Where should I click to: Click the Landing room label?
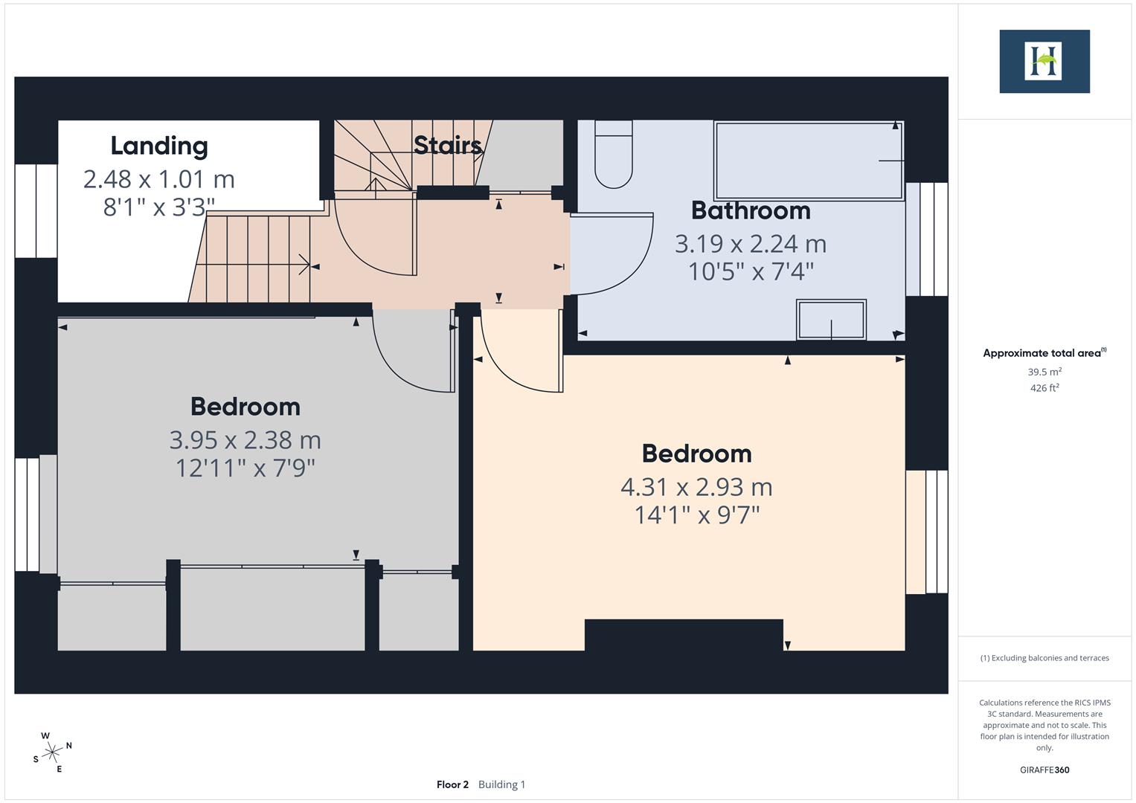pos(159,146)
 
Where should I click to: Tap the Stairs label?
pos(447,145)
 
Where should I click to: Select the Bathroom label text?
pos(751,210)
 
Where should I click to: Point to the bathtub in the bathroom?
pos(808,161)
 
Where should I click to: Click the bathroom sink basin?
pos(831,320)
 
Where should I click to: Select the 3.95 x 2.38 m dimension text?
pos(245,440)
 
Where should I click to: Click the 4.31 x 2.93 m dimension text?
pos(696,487)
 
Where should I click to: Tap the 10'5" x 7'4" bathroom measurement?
pos(751,271)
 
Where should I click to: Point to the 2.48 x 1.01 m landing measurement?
pos(159,179)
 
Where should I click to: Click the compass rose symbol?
pos(52,752)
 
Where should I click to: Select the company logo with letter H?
pos(1044,62)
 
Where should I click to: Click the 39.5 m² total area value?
pos(1044,372)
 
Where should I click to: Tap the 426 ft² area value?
pos(1044,388)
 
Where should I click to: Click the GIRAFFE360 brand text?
pos(1044,770)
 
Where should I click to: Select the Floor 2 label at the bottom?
pos(452,784)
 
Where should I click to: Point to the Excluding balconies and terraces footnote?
pos(1044,658)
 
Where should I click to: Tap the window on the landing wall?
pos(36,211)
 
